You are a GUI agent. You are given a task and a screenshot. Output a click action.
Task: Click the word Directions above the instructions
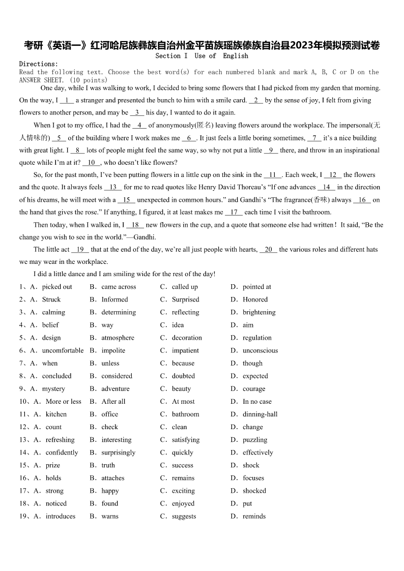38,64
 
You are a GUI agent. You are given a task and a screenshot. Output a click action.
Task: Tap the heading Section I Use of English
201,56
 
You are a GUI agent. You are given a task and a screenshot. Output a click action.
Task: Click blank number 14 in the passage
327,187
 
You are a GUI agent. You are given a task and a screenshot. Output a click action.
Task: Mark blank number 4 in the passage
139,125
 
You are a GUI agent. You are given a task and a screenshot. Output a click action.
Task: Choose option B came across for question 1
119,287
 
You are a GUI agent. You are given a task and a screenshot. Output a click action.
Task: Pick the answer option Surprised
185,299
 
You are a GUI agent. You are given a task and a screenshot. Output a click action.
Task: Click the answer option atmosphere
118,338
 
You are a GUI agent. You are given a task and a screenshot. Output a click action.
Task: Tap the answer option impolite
113,350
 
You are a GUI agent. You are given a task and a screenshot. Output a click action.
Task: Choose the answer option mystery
53,389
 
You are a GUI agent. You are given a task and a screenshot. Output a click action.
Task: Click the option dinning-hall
260,414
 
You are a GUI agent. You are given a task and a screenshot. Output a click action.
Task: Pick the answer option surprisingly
118,453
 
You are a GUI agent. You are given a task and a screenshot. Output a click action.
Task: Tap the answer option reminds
254,516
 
